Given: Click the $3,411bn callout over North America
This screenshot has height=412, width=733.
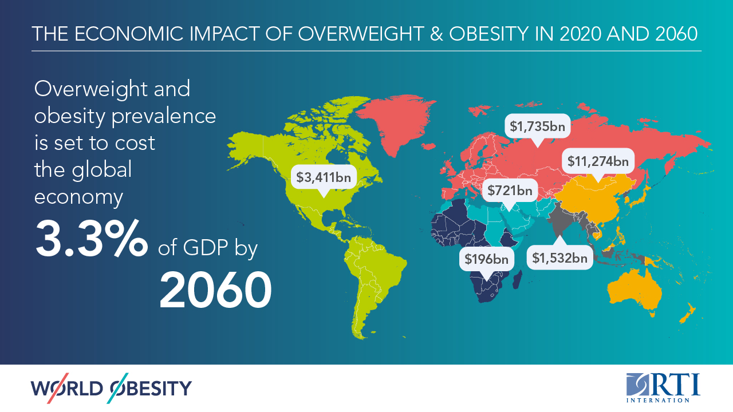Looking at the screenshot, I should pos(324,177).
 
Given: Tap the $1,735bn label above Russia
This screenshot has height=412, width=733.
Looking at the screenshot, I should pos(538,126).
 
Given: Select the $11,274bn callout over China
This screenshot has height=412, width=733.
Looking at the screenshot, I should pos(598,161).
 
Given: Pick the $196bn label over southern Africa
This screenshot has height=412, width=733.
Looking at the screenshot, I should pos(486,259).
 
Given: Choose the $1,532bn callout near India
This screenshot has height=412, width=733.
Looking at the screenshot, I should pos(560,258).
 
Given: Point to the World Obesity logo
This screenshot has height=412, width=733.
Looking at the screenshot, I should pos(112,389).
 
